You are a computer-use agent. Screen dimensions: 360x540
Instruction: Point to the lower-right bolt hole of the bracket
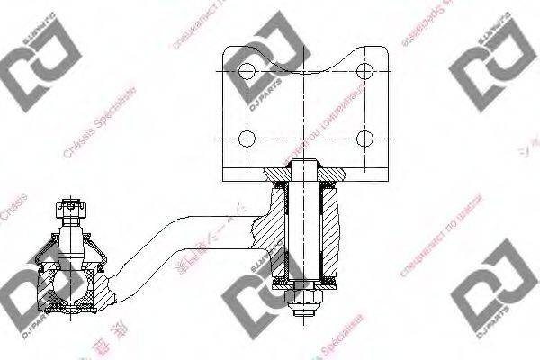[x=364, y=138]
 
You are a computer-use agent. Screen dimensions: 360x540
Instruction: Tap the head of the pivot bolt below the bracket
[x=306, y=168]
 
